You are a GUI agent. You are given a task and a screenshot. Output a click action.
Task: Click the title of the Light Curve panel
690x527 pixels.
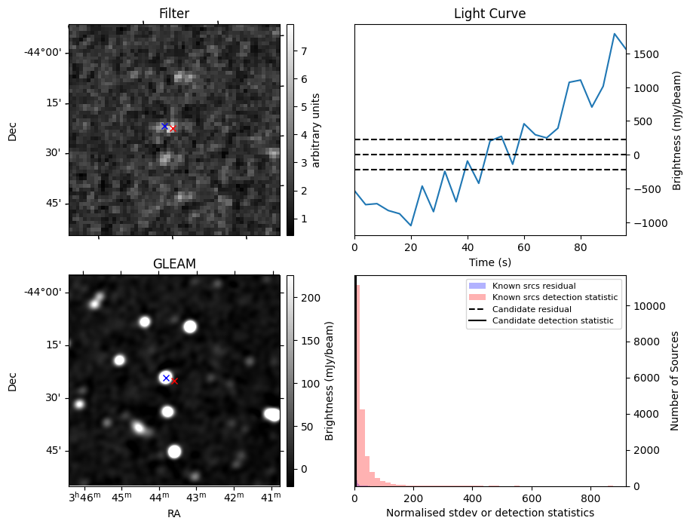point(489,14)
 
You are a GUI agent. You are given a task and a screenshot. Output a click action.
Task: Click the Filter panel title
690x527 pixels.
point(173,14)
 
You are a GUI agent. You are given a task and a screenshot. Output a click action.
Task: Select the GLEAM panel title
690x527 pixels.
point(173,264)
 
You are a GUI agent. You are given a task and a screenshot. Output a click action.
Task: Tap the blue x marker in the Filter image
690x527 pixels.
point(164,126)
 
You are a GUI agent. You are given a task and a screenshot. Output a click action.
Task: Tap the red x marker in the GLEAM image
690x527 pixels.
point(174,381)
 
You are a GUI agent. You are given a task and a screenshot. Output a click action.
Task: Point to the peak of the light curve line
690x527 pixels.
point(615,34)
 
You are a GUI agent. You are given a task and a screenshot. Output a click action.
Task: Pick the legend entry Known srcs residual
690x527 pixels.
point(533,286)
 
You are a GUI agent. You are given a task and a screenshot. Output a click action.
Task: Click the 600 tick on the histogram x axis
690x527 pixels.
point(532,498)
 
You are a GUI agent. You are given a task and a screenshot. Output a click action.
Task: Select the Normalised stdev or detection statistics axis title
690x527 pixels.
point(489,513)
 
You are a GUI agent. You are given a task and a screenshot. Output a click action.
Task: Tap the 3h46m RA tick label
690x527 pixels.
point(84,498)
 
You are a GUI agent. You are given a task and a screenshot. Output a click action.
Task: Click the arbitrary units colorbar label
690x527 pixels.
point(317,130)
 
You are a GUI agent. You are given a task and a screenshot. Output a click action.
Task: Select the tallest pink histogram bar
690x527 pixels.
point(357,385)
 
